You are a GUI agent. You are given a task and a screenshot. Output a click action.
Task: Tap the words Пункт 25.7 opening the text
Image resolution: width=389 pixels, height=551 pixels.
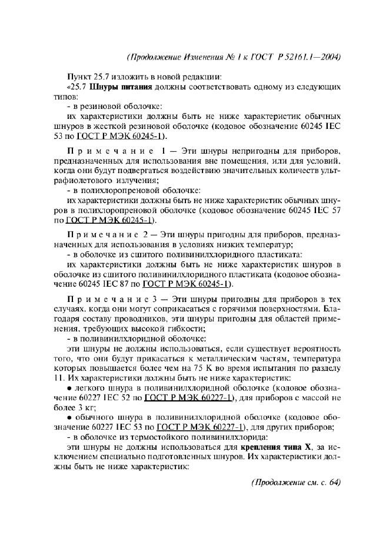click(88, 76)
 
